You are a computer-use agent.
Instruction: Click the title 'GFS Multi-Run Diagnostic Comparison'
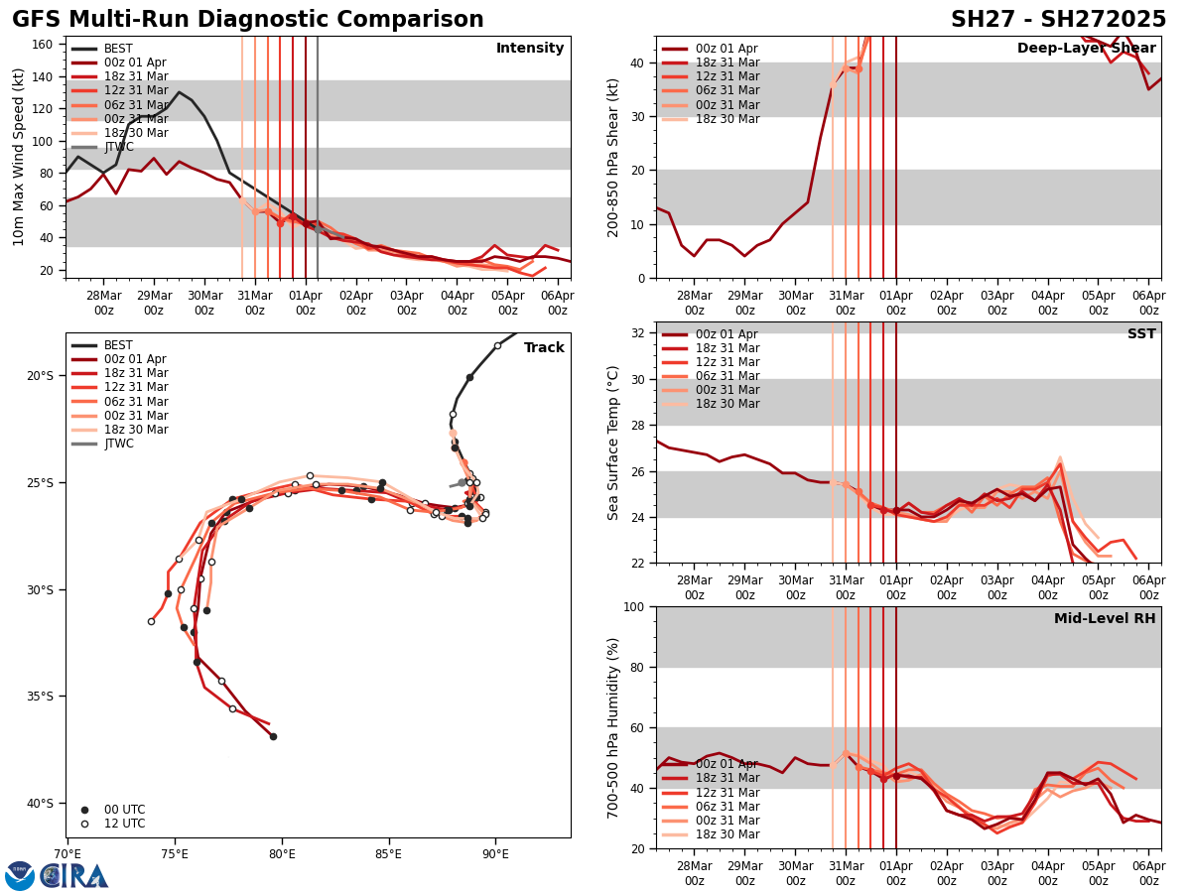248,20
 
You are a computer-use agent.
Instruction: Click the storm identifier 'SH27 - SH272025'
1058,20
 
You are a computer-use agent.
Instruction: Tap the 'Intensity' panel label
530,49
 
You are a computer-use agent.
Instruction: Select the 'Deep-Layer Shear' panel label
1086,49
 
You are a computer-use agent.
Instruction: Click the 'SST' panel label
1141,334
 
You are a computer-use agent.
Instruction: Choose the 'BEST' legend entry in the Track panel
118,345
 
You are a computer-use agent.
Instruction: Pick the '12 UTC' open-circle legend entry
124,824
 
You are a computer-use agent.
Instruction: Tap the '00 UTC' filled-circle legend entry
124,810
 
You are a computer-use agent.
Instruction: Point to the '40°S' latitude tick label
40,803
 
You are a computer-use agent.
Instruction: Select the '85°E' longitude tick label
388,853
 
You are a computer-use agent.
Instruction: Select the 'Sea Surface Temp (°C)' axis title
614,443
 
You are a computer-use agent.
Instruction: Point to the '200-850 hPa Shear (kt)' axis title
614,157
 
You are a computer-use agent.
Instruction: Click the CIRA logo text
75,876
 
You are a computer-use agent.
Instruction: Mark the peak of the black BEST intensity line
179,92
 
